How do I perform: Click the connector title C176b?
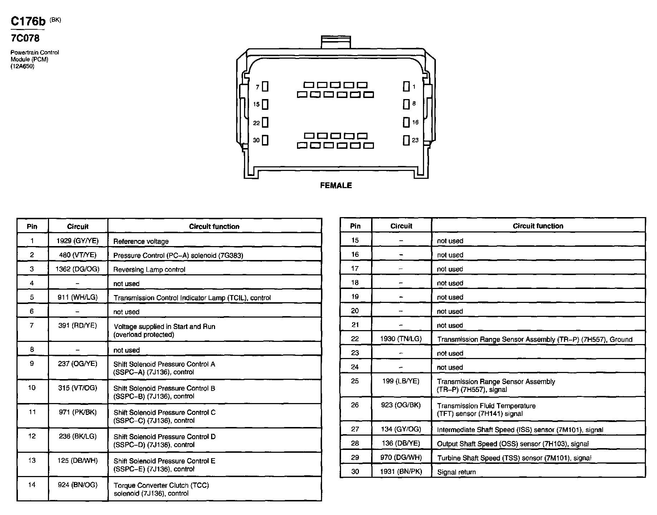[x=28, y=21]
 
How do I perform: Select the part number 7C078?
[x=25, y=38]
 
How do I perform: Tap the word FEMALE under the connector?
[x=336, y=185]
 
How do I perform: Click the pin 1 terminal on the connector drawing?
[x=406, y=86]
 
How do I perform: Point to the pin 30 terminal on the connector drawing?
[x=265, y=140]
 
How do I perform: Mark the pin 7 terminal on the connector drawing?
[x=265, y=87]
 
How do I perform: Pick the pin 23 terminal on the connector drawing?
[x=406, y=140]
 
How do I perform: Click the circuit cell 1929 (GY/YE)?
[x=77, y=241]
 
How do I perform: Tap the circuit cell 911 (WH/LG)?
[x=77, y=297]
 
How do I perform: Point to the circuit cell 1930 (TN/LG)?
[x=401, y=339]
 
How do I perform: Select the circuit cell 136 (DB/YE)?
[x=401, y=443]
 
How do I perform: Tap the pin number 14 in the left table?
[x=32, y=485]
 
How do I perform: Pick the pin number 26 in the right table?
[x=355, y=405]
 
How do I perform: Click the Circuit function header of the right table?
[x=538, y=226]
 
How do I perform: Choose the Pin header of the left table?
[x=32, y=226]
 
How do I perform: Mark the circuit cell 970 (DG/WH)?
[x=401, y=457]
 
